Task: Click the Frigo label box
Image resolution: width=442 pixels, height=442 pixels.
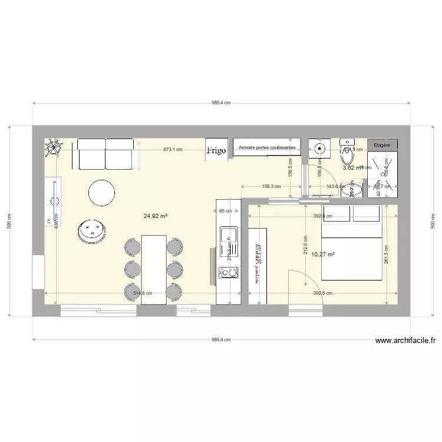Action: pyautogui.click(x=216, y=150)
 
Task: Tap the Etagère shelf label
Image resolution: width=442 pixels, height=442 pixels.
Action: pyautogui.click(x=382, y=144)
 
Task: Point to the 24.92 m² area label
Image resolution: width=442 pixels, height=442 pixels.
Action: pyautogui.click(x=156, y=216)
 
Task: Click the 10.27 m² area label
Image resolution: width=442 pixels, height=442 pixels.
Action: pyautogui.click(x=323, y=255)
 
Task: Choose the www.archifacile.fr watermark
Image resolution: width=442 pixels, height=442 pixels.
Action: pyautogui.click(x=405, y=340)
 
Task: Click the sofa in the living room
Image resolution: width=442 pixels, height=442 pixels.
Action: pyautogui.click(x=105, y=154)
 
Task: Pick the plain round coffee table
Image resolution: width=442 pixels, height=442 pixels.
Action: pyautogui.click(x=101, y=192)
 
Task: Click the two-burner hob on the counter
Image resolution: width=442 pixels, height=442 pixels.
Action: pyautogui.click(x=228, y=272)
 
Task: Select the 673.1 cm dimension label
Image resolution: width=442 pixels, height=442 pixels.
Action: pyautogui.click(x=173, y=150)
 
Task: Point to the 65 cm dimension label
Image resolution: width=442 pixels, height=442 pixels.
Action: pyautogui.click(x=225, y=210)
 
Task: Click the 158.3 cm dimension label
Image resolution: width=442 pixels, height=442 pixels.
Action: pyautogui.click(x=271, y=187)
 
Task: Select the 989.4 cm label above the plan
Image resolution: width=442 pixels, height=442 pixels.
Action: pyautogui.click(x=221, y=103)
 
